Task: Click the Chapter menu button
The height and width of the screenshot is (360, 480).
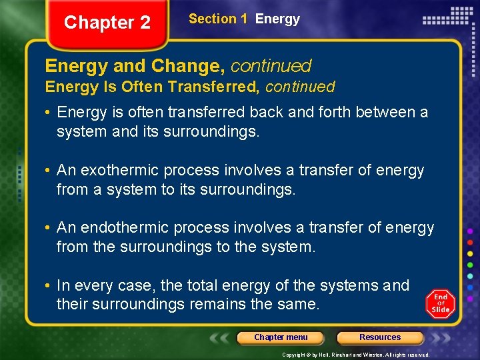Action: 281,337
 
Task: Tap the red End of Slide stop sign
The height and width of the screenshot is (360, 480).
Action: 441,304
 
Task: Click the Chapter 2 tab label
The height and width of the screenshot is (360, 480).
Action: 107,23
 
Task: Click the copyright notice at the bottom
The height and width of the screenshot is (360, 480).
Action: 356,355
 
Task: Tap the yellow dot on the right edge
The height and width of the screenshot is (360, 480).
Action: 470,254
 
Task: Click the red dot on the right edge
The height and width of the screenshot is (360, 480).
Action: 470,242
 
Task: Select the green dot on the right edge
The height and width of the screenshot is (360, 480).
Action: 470,265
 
